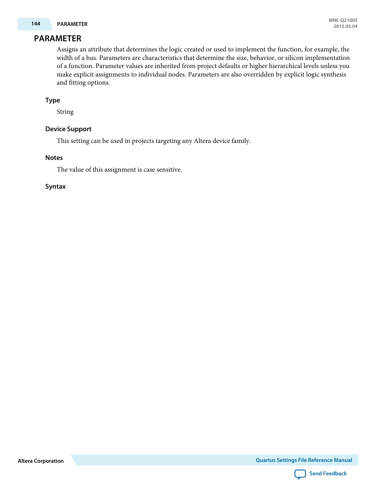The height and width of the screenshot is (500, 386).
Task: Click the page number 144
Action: [x=36, y=24]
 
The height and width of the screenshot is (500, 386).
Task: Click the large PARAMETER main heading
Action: [x=57, y=38]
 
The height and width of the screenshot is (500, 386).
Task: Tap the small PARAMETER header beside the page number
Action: [x=72, y=24]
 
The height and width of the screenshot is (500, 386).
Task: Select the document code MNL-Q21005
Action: [x=343, y=20]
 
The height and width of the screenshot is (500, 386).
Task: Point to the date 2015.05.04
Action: [x=345, y=26]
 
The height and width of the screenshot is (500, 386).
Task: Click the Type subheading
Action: [x=53, y=100]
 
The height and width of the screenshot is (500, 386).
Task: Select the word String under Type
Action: [x=65, y=112]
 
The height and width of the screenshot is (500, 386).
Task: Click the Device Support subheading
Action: [x=68, y=129]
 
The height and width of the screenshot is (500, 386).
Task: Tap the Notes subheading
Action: [x=54, y=158]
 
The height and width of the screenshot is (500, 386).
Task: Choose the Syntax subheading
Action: [x=55, y=187]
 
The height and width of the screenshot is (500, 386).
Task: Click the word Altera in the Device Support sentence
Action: [x=202, y=141]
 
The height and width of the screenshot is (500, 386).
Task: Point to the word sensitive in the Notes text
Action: [x=169, y=170]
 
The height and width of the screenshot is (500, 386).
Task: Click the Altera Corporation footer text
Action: [x=40, y=461]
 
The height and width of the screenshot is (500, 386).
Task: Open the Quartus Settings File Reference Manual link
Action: [x=303, y=460]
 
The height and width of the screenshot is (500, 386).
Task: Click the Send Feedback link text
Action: [x=328, y=474]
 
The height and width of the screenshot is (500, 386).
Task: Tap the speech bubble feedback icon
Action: [x=300, y=474]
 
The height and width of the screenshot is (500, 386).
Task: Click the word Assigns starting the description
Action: [x=67, y=49]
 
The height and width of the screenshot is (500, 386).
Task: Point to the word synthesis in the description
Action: [x=333, y=74]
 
